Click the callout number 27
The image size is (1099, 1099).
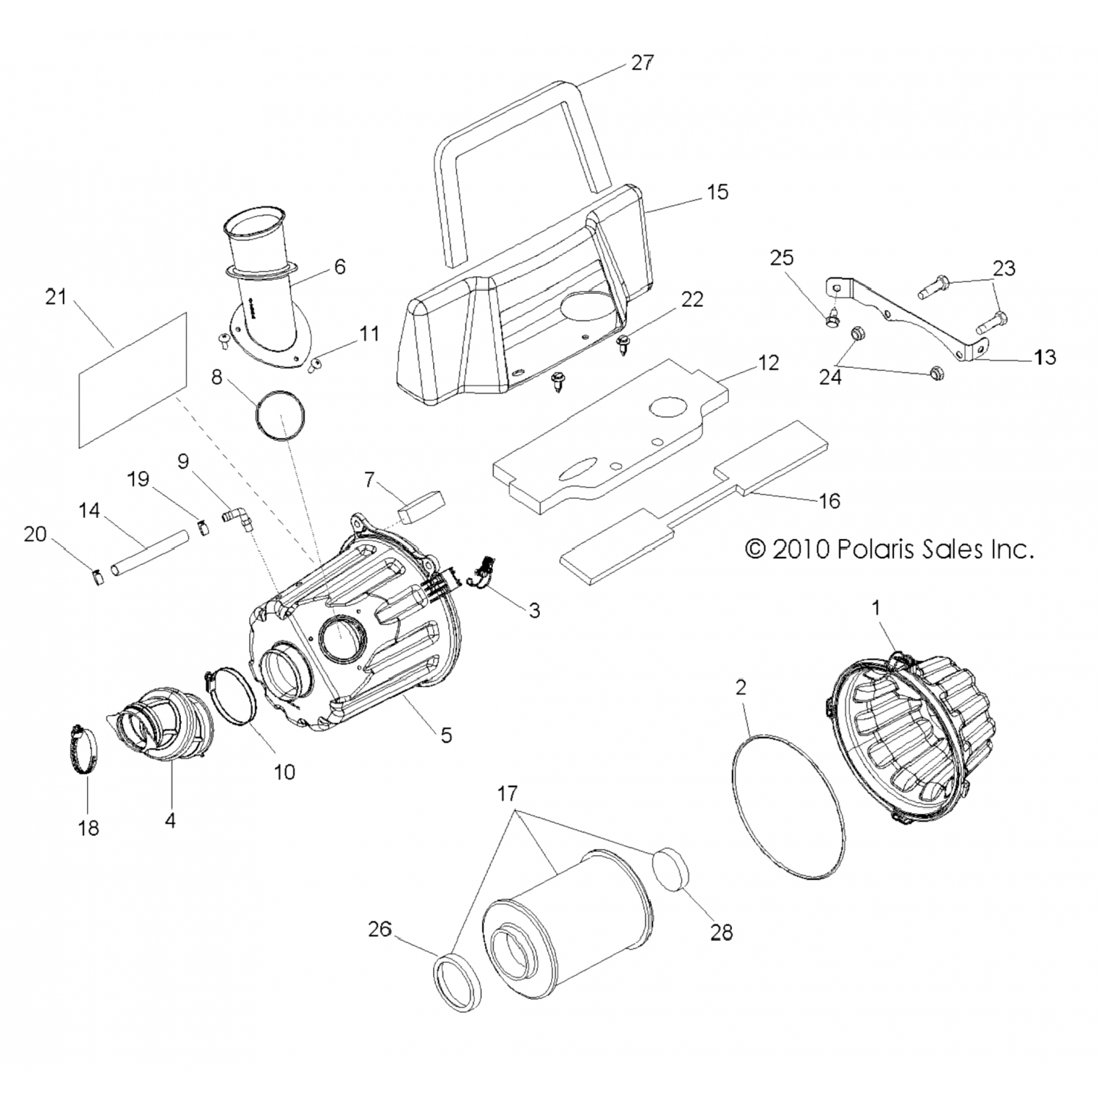point(642,62)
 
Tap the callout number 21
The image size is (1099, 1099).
point(56,297)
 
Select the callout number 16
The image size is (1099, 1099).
point(829,501)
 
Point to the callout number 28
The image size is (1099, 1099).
point(722,933)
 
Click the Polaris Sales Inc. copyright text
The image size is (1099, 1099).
point(889,549)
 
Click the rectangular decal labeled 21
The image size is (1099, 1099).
point(132,380)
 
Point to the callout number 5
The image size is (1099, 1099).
point(446,735)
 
